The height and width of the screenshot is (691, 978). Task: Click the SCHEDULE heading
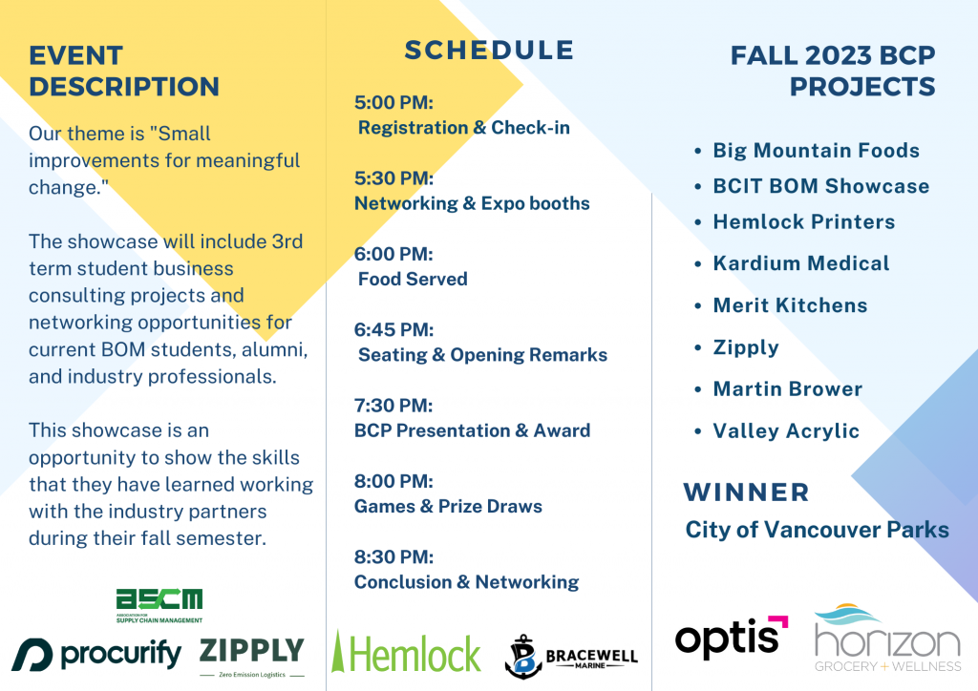tap(489, 51)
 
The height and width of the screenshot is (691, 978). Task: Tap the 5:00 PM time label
tap(393, 102)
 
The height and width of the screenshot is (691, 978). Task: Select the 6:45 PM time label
tap(393, 329)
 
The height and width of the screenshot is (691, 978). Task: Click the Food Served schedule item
tap(413, 279)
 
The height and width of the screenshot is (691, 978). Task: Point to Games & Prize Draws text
tap(448, 506)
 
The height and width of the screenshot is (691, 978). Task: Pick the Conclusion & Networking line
tap(466, 582)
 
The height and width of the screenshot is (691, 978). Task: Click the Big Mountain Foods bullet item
tap(816, 150)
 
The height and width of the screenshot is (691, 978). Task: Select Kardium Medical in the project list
tap(801, 262)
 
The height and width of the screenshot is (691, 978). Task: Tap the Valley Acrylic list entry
tap(786, 431)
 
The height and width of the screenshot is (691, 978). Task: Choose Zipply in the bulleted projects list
tap(746, 347)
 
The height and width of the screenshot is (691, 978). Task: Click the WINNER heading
tap(746, 492)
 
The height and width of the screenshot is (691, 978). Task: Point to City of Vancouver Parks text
tap(818, 530)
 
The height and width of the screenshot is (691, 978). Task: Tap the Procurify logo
tap(96, 654)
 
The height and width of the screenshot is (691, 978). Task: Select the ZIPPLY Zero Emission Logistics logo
tap(252, 658)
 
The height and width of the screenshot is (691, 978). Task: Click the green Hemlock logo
tap(406, 652)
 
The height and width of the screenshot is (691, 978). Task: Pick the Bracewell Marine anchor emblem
tap(522, 656)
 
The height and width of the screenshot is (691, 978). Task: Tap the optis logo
tap(731, 637)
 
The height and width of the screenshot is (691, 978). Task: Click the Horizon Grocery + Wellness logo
tap(887, 639)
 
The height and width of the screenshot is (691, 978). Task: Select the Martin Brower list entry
tap(787, 388)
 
